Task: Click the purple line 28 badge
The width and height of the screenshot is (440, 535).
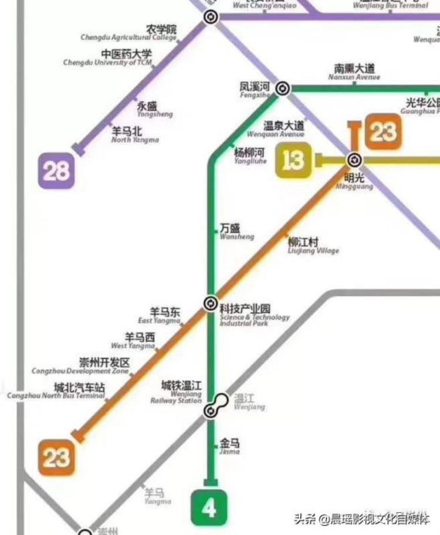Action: [x=57, y=171]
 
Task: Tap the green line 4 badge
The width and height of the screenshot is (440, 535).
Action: [x=209, y=508]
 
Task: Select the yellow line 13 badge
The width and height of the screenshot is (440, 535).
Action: [x=293, y=160]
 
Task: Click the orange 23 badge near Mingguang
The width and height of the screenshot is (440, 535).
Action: [x=383, y=132]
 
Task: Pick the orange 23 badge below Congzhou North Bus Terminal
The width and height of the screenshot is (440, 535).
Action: [x=56, y=457]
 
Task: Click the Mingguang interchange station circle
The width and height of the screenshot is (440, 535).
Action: [x=354, y=160]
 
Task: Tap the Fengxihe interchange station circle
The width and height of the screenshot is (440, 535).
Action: [x=282, y=89]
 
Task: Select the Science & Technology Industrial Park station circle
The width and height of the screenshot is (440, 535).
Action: [x=210, y=303]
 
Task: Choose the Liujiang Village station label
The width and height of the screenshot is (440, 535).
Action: [x=313, y=245]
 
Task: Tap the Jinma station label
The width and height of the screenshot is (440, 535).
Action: [x=229, y=446]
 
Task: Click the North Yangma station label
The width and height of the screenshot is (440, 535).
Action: [x=135, y=136]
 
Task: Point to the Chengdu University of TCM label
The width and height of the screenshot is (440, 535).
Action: [x=108, y=58]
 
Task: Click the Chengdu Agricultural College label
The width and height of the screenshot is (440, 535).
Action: [x=129, y=33]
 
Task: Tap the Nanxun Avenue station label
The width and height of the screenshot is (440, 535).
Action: [x=354, y=72]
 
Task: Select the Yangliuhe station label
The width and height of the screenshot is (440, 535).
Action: [x=250, y=155]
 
